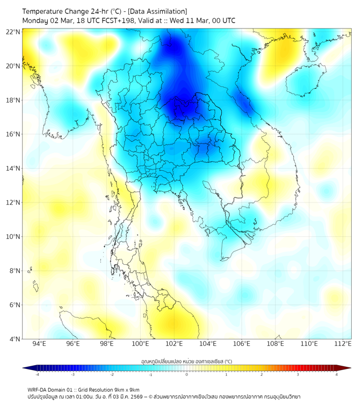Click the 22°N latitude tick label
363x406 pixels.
click(14, 32)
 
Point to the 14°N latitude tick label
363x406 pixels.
click(14, 168)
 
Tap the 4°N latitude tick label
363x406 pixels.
click(16, 339)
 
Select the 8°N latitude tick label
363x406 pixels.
click(16, 271)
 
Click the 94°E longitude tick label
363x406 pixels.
click(39, 344)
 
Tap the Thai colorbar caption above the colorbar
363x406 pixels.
click(186, 361)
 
